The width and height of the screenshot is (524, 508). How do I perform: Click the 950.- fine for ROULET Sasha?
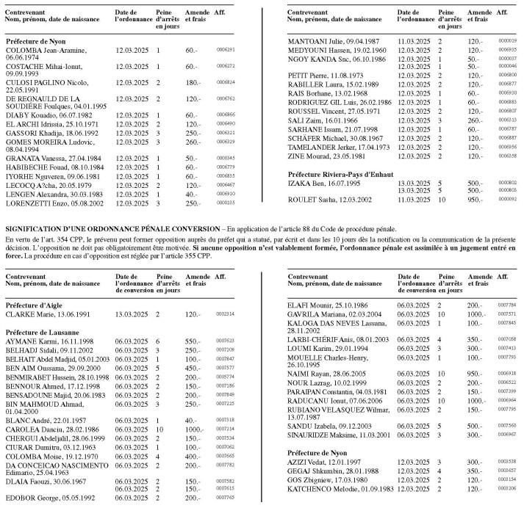[477, 199]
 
